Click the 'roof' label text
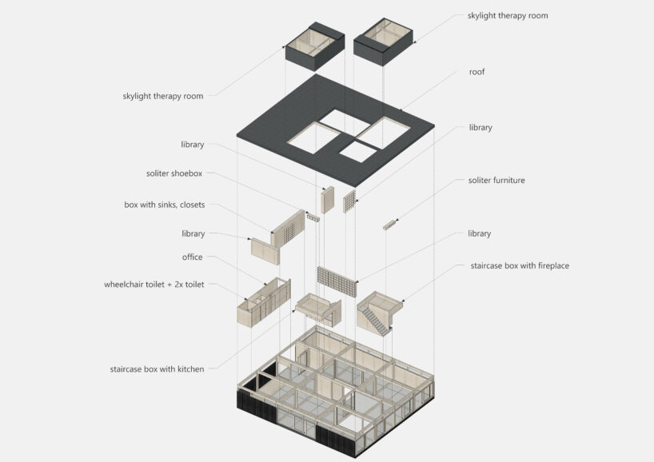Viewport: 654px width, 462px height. [x=477, y=72]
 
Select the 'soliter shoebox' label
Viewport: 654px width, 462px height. [x=174, y=173]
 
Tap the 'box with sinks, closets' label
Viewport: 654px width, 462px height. [x=165, y=205]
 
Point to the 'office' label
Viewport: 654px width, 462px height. [x=192, y=257]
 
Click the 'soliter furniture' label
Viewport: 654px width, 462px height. [x=496, y=180]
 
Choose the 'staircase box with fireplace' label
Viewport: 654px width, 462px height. [x=520, y=265]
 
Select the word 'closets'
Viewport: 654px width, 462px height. [x=192, y=205]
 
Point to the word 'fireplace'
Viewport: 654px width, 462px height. [x=553, y=265]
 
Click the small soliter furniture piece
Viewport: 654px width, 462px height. [x=389, y=225]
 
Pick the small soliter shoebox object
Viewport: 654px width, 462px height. [x=313, y=217]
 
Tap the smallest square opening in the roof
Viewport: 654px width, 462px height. [x=358, y=152]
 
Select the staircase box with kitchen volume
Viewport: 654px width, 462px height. [x=319, y=309]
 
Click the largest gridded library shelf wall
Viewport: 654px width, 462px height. [x=337, y=282]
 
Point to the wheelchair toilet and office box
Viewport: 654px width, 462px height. [x=264, y=302]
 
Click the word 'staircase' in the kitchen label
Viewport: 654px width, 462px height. [x=126, y=369]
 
